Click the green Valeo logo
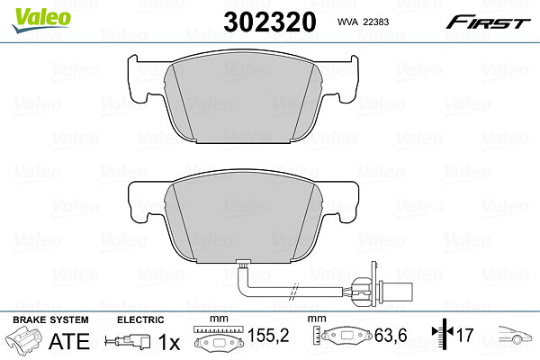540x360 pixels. pos(41,20)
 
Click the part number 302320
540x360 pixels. pos(270,22)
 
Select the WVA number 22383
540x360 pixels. pos(376,22)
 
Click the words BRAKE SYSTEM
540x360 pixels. pos(50,319)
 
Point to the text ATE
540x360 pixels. pos(69,341)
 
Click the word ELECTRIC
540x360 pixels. pos(140,319)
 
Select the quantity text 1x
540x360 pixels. pos(169,342)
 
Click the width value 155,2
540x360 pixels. pos(268,335)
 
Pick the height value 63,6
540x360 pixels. pos(391,335)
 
